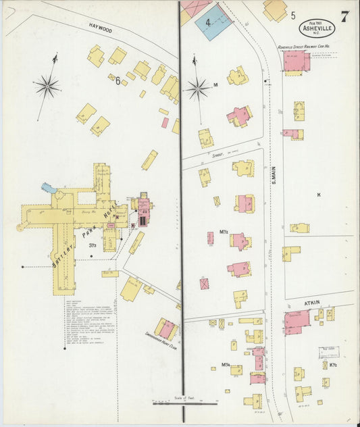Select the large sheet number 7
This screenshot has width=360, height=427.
(x=345, y=17)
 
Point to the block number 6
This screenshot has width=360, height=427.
(x=118, y=81)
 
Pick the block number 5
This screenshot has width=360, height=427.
(x=293, y=14)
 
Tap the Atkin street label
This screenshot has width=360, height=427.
(x=311, y=302)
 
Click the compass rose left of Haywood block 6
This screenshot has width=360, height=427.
(x=47, y=85)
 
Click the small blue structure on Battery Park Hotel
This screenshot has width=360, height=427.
(x=47, y=187)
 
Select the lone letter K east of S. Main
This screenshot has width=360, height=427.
(x=317, y=195)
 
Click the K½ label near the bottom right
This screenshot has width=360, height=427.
(x=334, y=365)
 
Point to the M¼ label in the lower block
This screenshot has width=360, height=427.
(x=226, y=366)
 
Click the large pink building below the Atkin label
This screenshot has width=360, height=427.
(x=296, y=322)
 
